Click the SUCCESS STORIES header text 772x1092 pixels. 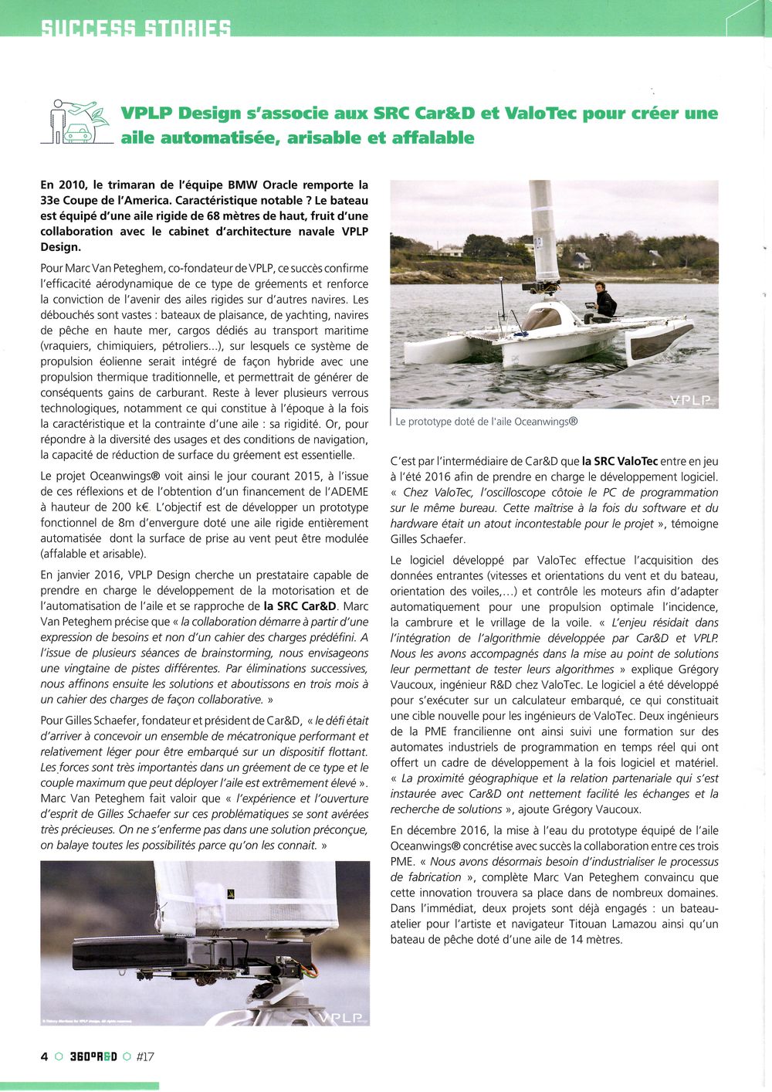[135, 29]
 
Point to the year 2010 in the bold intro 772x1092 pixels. [72, 185]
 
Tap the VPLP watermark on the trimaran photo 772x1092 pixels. [692, 399]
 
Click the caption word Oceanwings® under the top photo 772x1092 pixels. [546, 422]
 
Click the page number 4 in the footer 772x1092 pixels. [44, 1056]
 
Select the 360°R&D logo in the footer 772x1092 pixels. [93, 1056]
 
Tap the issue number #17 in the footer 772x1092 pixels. [145, 1056]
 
